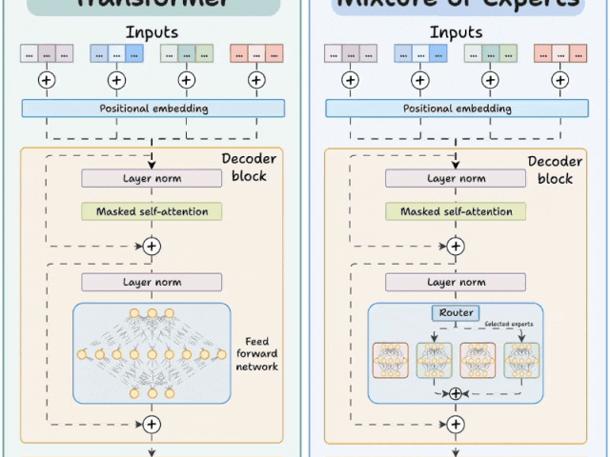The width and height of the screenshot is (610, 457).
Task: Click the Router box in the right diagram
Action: point(456,312)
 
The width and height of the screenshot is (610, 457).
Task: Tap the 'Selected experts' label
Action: point(508,325)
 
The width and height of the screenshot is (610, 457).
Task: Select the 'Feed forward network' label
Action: point(257,353)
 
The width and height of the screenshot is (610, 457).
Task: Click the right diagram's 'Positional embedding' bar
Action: point(456,109)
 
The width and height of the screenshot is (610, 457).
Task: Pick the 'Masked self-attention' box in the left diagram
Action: point(152,211)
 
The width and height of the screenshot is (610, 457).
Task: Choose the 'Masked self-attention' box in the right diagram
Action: point(456,211)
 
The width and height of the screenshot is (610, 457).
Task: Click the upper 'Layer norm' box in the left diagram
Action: point(152,178)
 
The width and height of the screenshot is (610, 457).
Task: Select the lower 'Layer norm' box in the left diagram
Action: point(152,282)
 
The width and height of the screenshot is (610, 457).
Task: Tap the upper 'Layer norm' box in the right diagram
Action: point(456,178)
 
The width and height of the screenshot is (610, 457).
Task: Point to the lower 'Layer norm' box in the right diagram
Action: point(456,282)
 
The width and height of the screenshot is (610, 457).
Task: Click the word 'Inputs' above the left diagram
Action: point(152,32)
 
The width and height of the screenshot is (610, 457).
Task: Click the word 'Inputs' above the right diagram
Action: point(456,32)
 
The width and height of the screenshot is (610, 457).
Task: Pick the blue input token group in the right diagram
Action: point(416,53)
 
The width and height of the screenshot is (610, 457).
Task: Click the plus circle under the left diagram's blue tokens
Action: point(115,80)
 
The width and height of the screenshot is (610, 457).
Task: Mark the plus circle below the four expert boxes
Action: point(456,393)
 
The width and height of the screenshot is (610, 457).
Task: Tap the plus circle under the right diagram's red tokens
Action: point(559,80)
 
